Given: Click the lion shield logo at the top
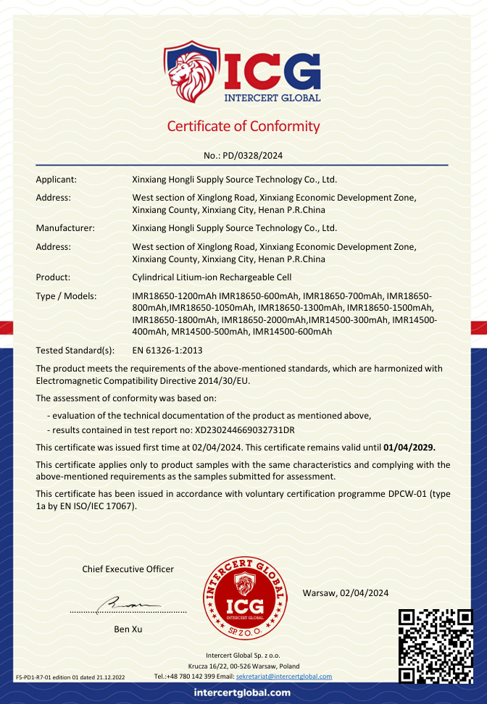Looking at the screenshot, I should pyautogui.click(x=191, y=72).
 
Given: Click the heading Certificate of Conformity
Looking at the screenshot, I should pyautogui.click(x=243, y=126).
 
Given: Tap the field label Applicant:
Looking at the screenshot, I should pyautogui.click(x=57, y=179).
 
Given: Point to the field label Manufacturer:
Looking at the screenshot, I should pyautogui.click(x=65, y=228).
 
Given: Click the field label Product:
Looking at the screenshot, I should pyautogui.click(x=53, y=277).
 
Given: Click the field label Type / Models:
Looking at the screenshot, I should pyautogui.click(x=66, y=296).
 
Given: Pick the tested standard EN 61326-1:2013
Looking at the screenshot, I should pyautogui.click(x=167, y=351).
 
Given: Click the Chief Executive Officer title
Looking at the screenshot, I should pyautogui.click(x=128, y=569).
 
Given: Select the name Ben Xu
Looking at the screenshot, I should pyautogui.click(x=128, y=629).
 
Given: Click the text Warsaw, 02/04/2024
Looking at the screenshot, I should pyautogui.click(x=346, y=593).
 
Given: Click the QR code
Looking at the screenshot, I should pyautogui.click(x=436, y=647).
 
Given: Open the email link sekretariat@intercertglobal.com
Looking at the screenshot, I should pyautogui.click(x=284, y=676).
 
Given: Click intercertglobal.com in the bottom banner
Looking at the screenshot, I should pyautogui.click(x=243, y=693).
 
